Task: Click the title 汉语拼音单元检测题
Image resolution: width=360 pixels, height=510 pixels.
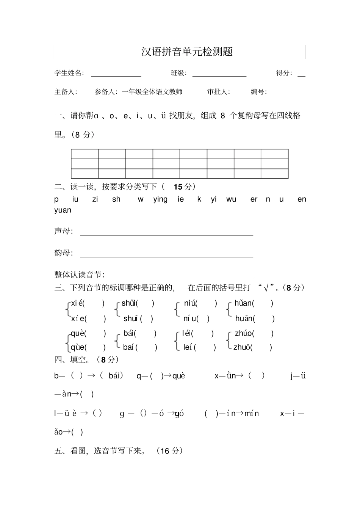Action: (x=187, y=52)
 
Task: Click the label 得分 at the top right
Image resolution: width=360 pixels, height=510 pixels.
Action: (x=284, y=73)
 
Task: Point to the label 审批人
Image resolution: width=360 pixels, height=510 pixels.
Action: (x=218, y=92)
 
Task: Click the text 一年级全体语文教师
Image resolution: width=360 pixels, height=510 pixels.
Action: (x=152, y=92)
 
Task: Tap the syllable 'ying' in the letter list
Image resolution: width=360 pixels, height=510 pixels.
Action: (x=160, y=199)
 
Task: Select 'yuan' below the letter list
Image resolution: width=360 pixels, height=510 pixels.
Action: (x=63, y=210)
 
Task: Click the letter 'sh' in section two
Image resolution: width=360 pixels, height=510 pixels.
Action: (x=116, y=199)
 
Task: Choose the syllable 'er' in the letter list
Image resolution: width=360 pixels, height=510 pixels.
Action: (x=254, y=199)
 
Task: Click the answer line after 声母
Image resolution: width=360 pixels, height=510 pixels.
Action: (x=166, y=235)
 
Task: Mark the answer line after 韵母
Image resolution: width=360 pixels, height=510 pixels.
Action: (x=166, y=257)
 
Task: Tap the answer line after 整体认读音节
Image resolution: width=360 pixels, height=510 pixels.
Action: (x=183, y=278)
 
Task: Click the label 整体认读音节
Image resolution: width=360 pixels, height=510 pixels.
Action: (x=80, y=275)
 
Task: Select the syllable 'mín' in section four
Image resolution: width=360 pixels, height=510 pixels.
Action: (x=252, y=413)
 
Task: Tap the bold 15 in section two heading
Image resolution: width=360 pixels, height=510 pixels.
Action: (x=178, y=187)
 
